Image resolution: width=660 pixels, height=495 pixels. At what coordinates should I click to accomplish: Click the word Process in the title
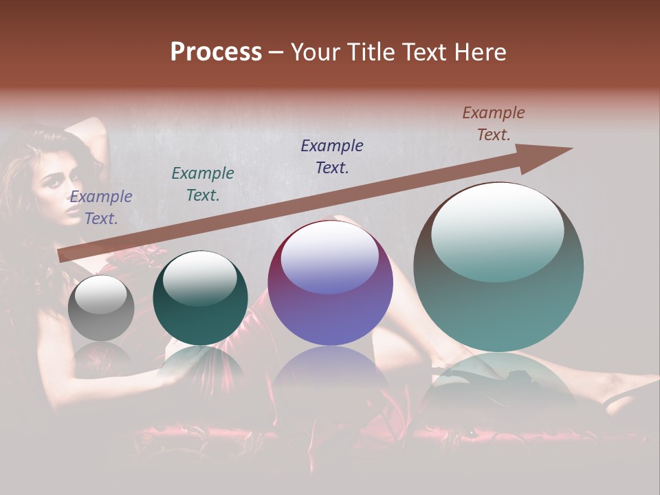coord(216,52)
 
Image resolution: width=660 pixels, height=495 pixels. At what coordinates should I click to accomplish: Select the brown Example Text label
coord(494,124)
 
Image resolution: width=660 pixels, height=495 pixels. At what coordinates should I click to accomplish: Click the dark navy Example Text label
coord(332,157)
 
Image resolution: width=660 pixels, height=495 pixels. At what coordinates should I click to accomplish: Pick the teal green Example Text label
coord(203,184)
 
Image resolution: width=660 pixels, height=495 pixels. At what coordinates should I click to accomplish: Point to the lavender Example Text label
coord(101,208)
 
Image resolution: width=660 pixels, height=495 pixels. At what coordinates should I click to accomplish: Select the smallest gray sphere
coord(102,307)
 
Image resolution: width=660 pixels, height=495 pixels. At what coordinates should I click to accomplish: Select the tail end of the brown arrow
coord(62,255)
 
